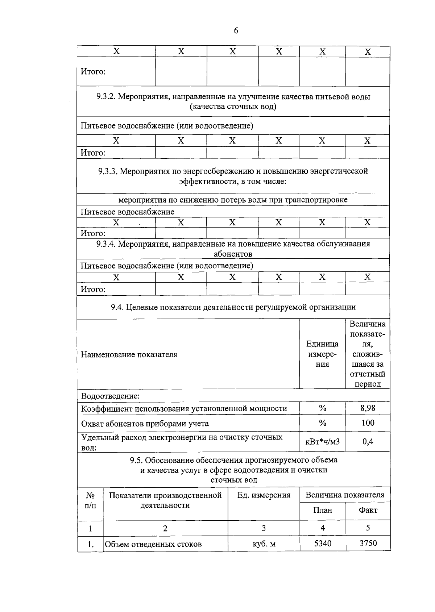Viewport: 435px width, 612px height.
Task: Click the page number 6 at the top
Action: [x=236, y=31]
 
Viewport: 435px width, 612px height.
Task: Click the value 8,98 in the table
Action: [x=368, y=408]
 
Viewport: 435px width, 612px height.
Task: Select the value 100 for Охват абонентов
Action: [x=368, y=423]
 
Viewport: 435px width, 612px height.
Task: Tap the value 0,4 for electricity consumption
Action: [x=368, y=441]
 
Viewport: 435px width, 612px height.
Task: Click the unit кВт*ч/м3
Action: [x=322, y=441]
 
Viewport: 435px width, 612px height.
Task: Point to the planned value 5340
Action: [x=322, y=543]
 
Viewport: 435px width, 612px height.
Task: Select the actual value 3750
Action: [x=368, y=543]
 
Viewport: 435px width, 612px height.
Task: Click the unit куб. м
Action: [x=264, y=544]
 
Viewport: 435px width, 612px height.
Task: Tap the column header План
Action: [x=322, y=510]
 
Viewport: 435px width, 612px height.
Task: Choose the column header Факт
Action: [x=368, y=510]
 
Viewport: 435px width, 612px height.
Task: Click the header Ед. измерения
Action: [x=264, y=495]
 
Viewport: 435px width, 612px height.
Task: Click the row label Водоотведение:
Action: [x=110, y=396]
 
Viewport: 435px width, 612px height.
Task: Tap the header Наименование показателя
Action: [x=129, y=354]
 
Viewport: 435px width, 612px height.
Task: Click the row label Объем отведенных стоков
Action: [x=153, y=544]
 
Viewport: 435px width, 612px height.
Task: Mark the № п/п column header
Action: [x=90, y=500]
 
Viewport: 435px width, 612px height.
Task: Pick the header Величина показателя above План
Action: [x=344, y=495]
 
